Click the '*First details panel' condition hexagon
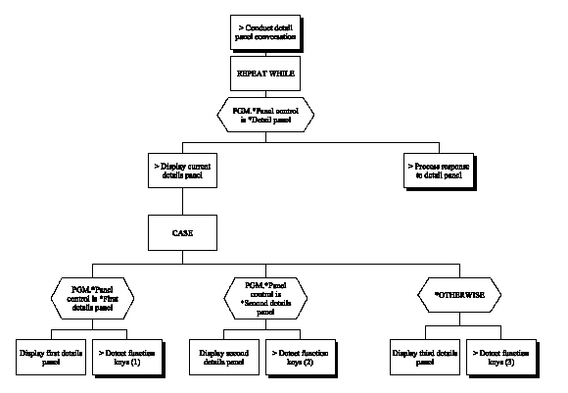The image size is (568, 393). click(x=94, y=295)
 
